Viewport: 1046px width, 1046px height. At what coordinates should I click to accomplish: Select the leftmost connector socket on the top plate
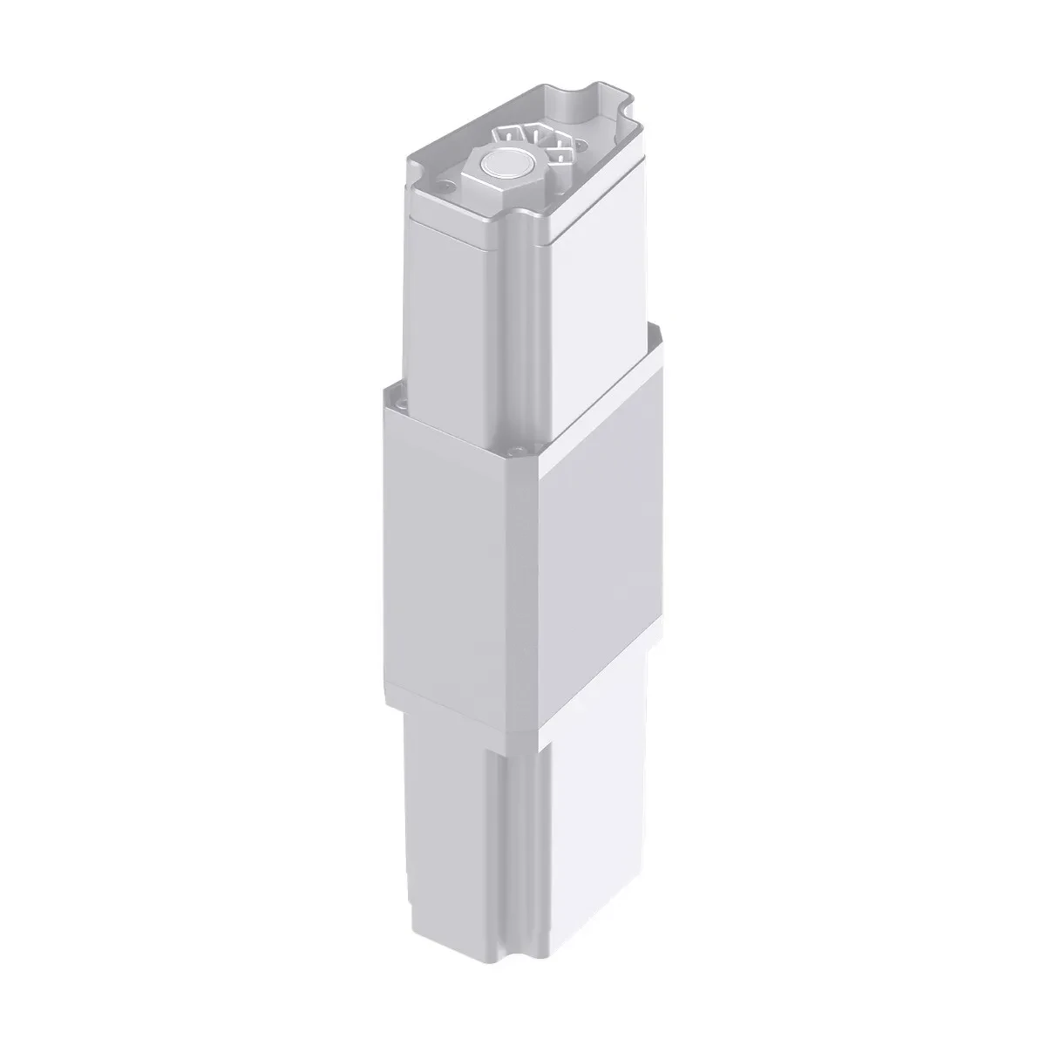click(508, 133)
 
